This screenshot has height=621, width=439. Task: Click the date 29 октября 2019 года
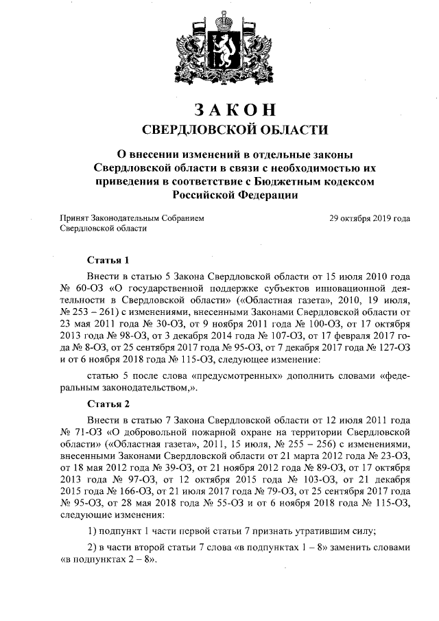pos(370,218)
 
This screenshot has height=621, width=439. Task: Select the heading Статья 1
pos(108,260)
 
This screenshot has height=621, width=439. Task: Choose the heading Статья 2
pos(108,403)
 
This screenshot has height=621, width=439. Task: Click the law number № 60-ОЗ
pos(80,288)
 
